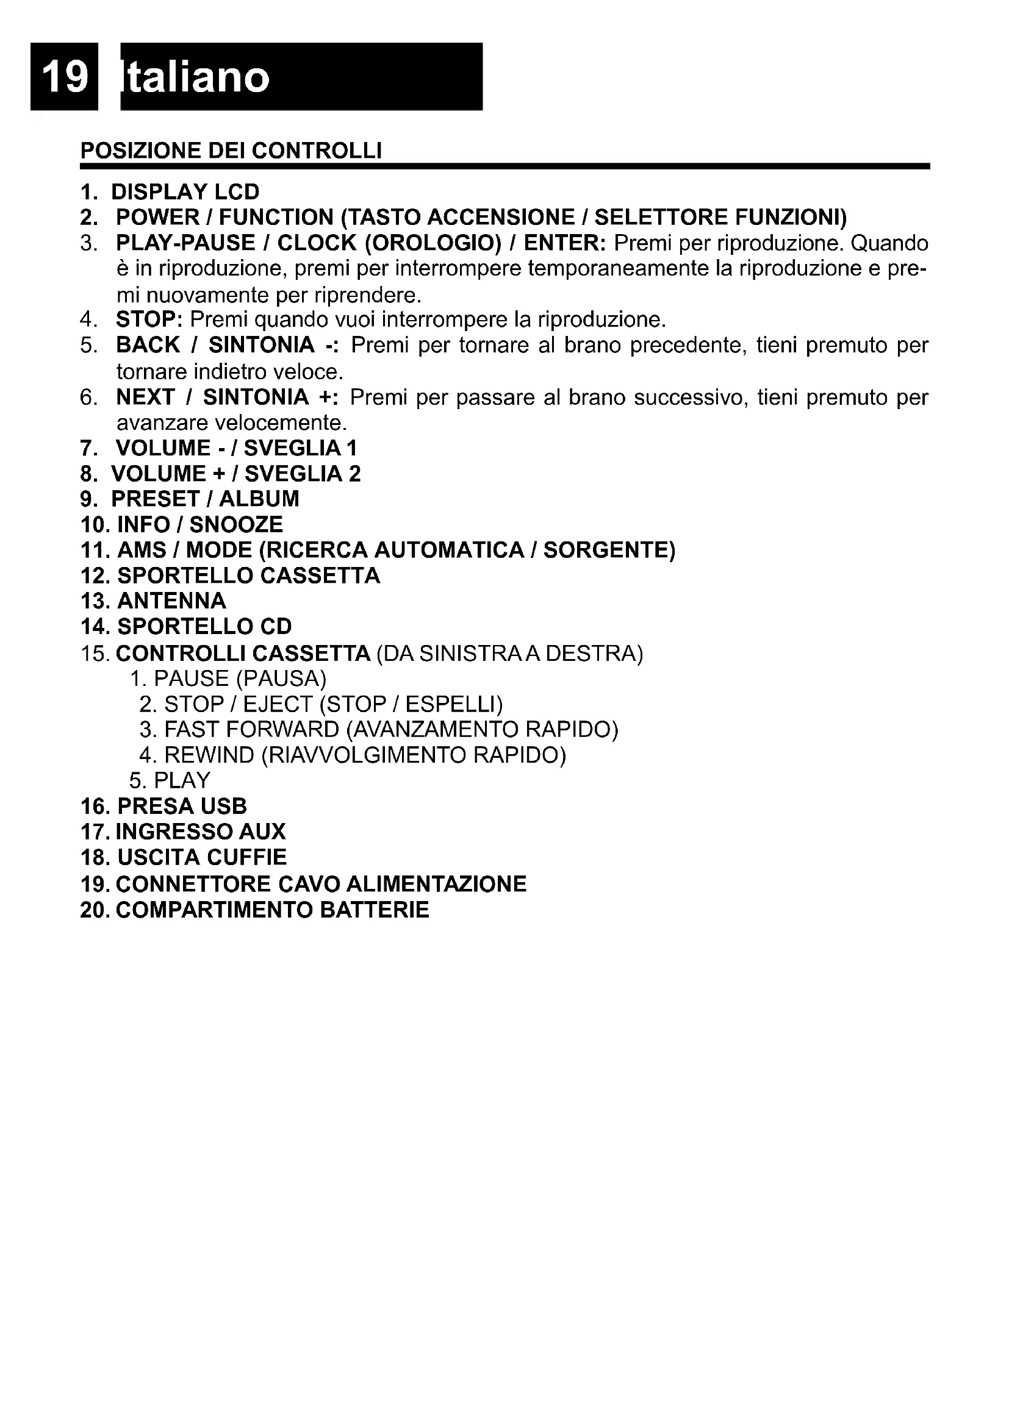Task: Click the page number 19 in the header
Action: tap(64, 77)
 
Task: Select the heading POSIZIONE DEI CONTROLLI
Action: tap(231, 151)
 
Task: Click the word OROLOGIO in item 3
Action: tap(433, 243)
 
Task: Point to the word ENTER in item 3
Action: tap(562, 243)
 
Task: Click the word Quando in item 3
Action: tap(888, 243)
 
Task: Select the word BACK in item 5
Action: tap(148, 345)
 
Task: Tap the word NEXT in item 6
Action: tap(145, 397)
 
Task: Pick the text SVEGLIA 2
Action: tap(303, 474)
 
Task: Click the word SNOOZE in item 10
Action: tap(236, 525)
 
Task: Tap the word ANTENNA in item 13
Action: tap(171, 601)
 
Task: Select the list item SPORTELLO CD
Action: tap(204, 627)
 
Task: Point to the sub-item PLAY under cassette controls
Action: tap(182, 781)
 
